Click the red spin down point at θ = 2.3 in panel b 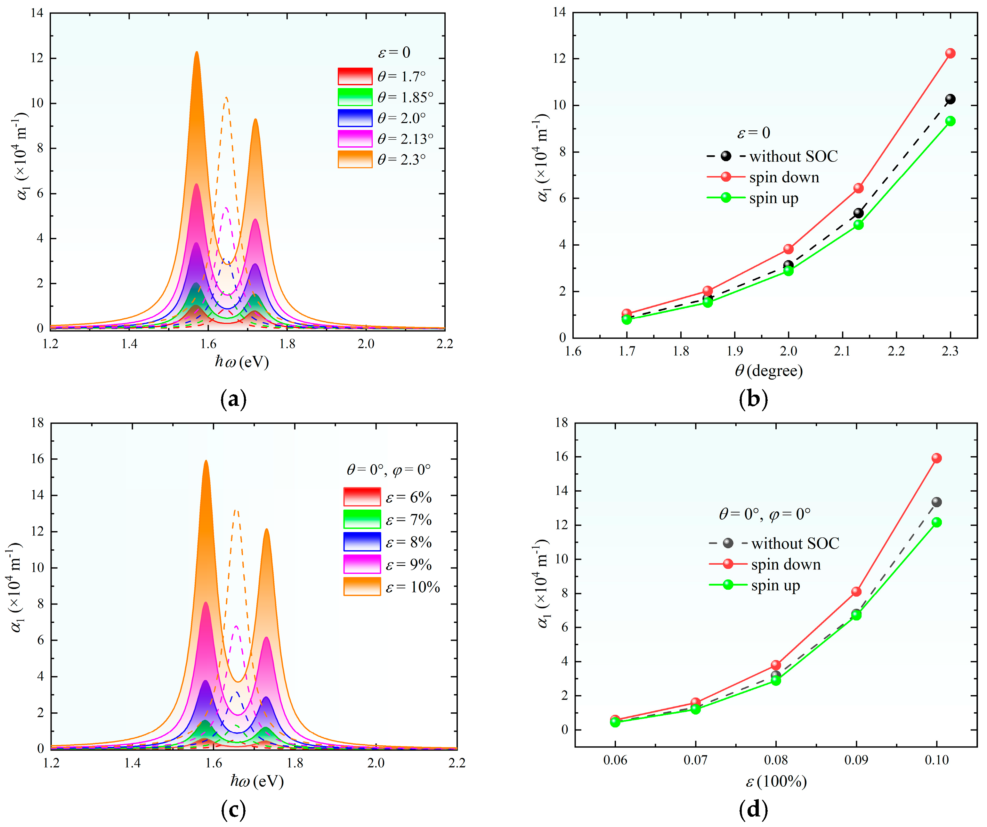click(x=950, y=53)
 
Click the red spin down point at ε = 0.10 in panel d click(x=936, y=458)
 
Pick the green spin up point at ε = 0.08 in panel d click(x=775, y=680)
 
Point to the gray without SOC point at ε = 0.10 click(x=936, y=502)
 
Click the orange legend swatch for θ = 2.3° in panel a click(x=355, y=160)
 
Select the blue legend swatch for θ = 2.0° click(x=355, y=118)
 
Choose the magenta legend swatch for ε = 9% click(x=362, y=564)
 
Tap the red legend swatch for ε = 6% click(x=362, y=496)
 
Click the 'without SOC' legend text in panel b click(x=793, y=156)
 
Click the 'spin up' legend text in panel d click(x=775, y=585)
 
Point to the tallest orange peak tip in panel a click(x=197, y=52)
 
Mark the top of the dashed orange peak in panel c click(x=236, y=510)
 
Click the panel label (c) click(x=233, y=810)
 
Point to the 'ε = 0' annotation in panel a click(x=394, y=52)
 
